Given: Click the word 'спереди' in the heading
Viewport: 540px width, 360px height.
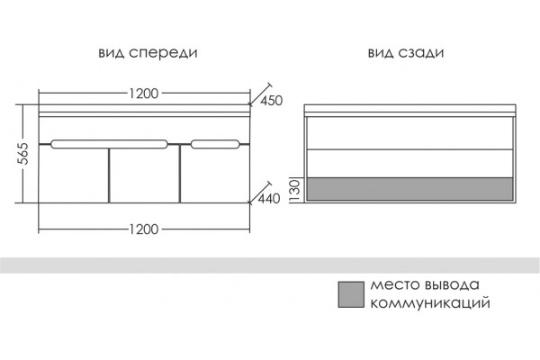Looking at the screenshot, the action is (x=163, y=53).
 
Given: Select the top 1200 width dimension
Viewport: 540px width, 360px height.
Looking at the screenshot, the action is (x=144, y=94).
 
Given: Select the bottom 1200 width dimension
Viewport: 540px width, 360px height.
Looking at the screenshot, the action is (x=144, y=229).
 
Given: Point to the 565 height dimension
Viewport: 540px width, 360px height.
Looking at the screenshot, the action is (x=23, y=153).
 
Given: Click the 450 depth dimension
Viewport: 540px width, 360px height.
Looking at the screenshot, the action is (x=271, y=101).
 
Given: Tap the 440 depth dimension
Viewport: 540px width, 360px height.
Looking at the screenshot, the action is (x=269, y=199).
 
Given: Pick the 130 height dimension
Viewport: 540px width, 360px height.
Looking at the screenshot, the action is (x=295, y=190).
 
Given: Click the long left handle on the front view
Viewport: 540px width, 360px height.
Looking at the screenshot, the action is (x=109, y=144).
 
